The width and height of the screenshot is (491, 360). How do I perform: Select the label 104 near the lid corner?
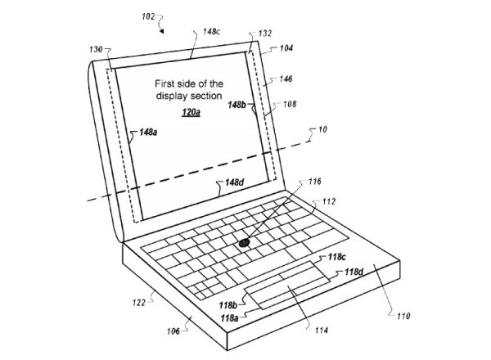pyautogui.click(x=285, y=48)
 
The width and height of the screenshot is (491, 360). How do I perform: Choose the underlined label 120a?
pyautogui.click(x=190, y=110)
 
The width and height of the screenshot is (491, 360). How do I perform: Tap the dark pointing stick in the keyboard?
pyautogui.click(x=245, y=242)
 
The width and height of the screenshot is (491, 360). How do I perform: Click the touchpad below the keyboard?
pyautogui.click(x=286, y=287)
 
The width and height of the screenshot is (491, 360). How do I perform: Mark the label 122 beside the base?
pyautogui.click(x=139, y=302)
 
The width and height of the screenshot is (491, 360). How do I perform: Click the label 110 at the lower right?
pyautogui.click(x=403, y=314)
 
